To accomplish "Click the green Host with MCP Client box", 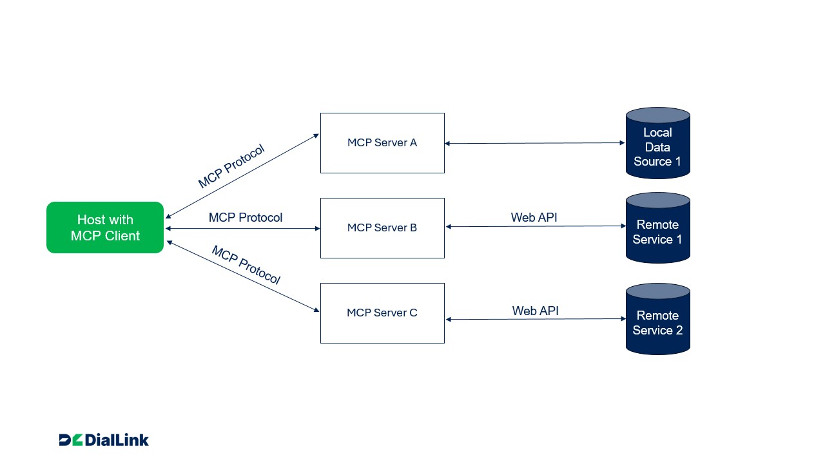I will point(105,227).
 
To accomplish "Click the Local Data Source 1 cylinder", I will point(657,147).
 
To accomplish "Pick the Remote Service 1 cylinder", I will point(657,232).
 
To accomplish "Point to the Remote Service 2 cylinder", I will point(657,323).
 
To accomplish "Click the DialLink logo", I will point(104,440).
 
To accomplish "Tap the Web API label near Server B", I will point(534,218).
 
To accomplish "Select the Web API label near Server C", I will point(535,311).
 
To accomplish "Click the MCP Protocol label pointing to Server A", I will point(231,166).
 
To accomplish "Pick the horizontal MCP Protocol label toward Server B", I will point(246,218).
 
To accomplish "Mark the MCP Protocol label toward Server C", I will point(246,265).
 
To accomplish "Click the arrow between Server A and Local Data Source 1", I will point(535,143).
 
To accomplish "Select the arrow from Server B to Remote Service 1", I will point(535,227).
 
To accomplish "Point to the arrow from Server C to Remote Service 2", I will point(535,320).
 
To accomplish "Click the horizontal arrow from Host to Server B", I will point(242,228).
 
